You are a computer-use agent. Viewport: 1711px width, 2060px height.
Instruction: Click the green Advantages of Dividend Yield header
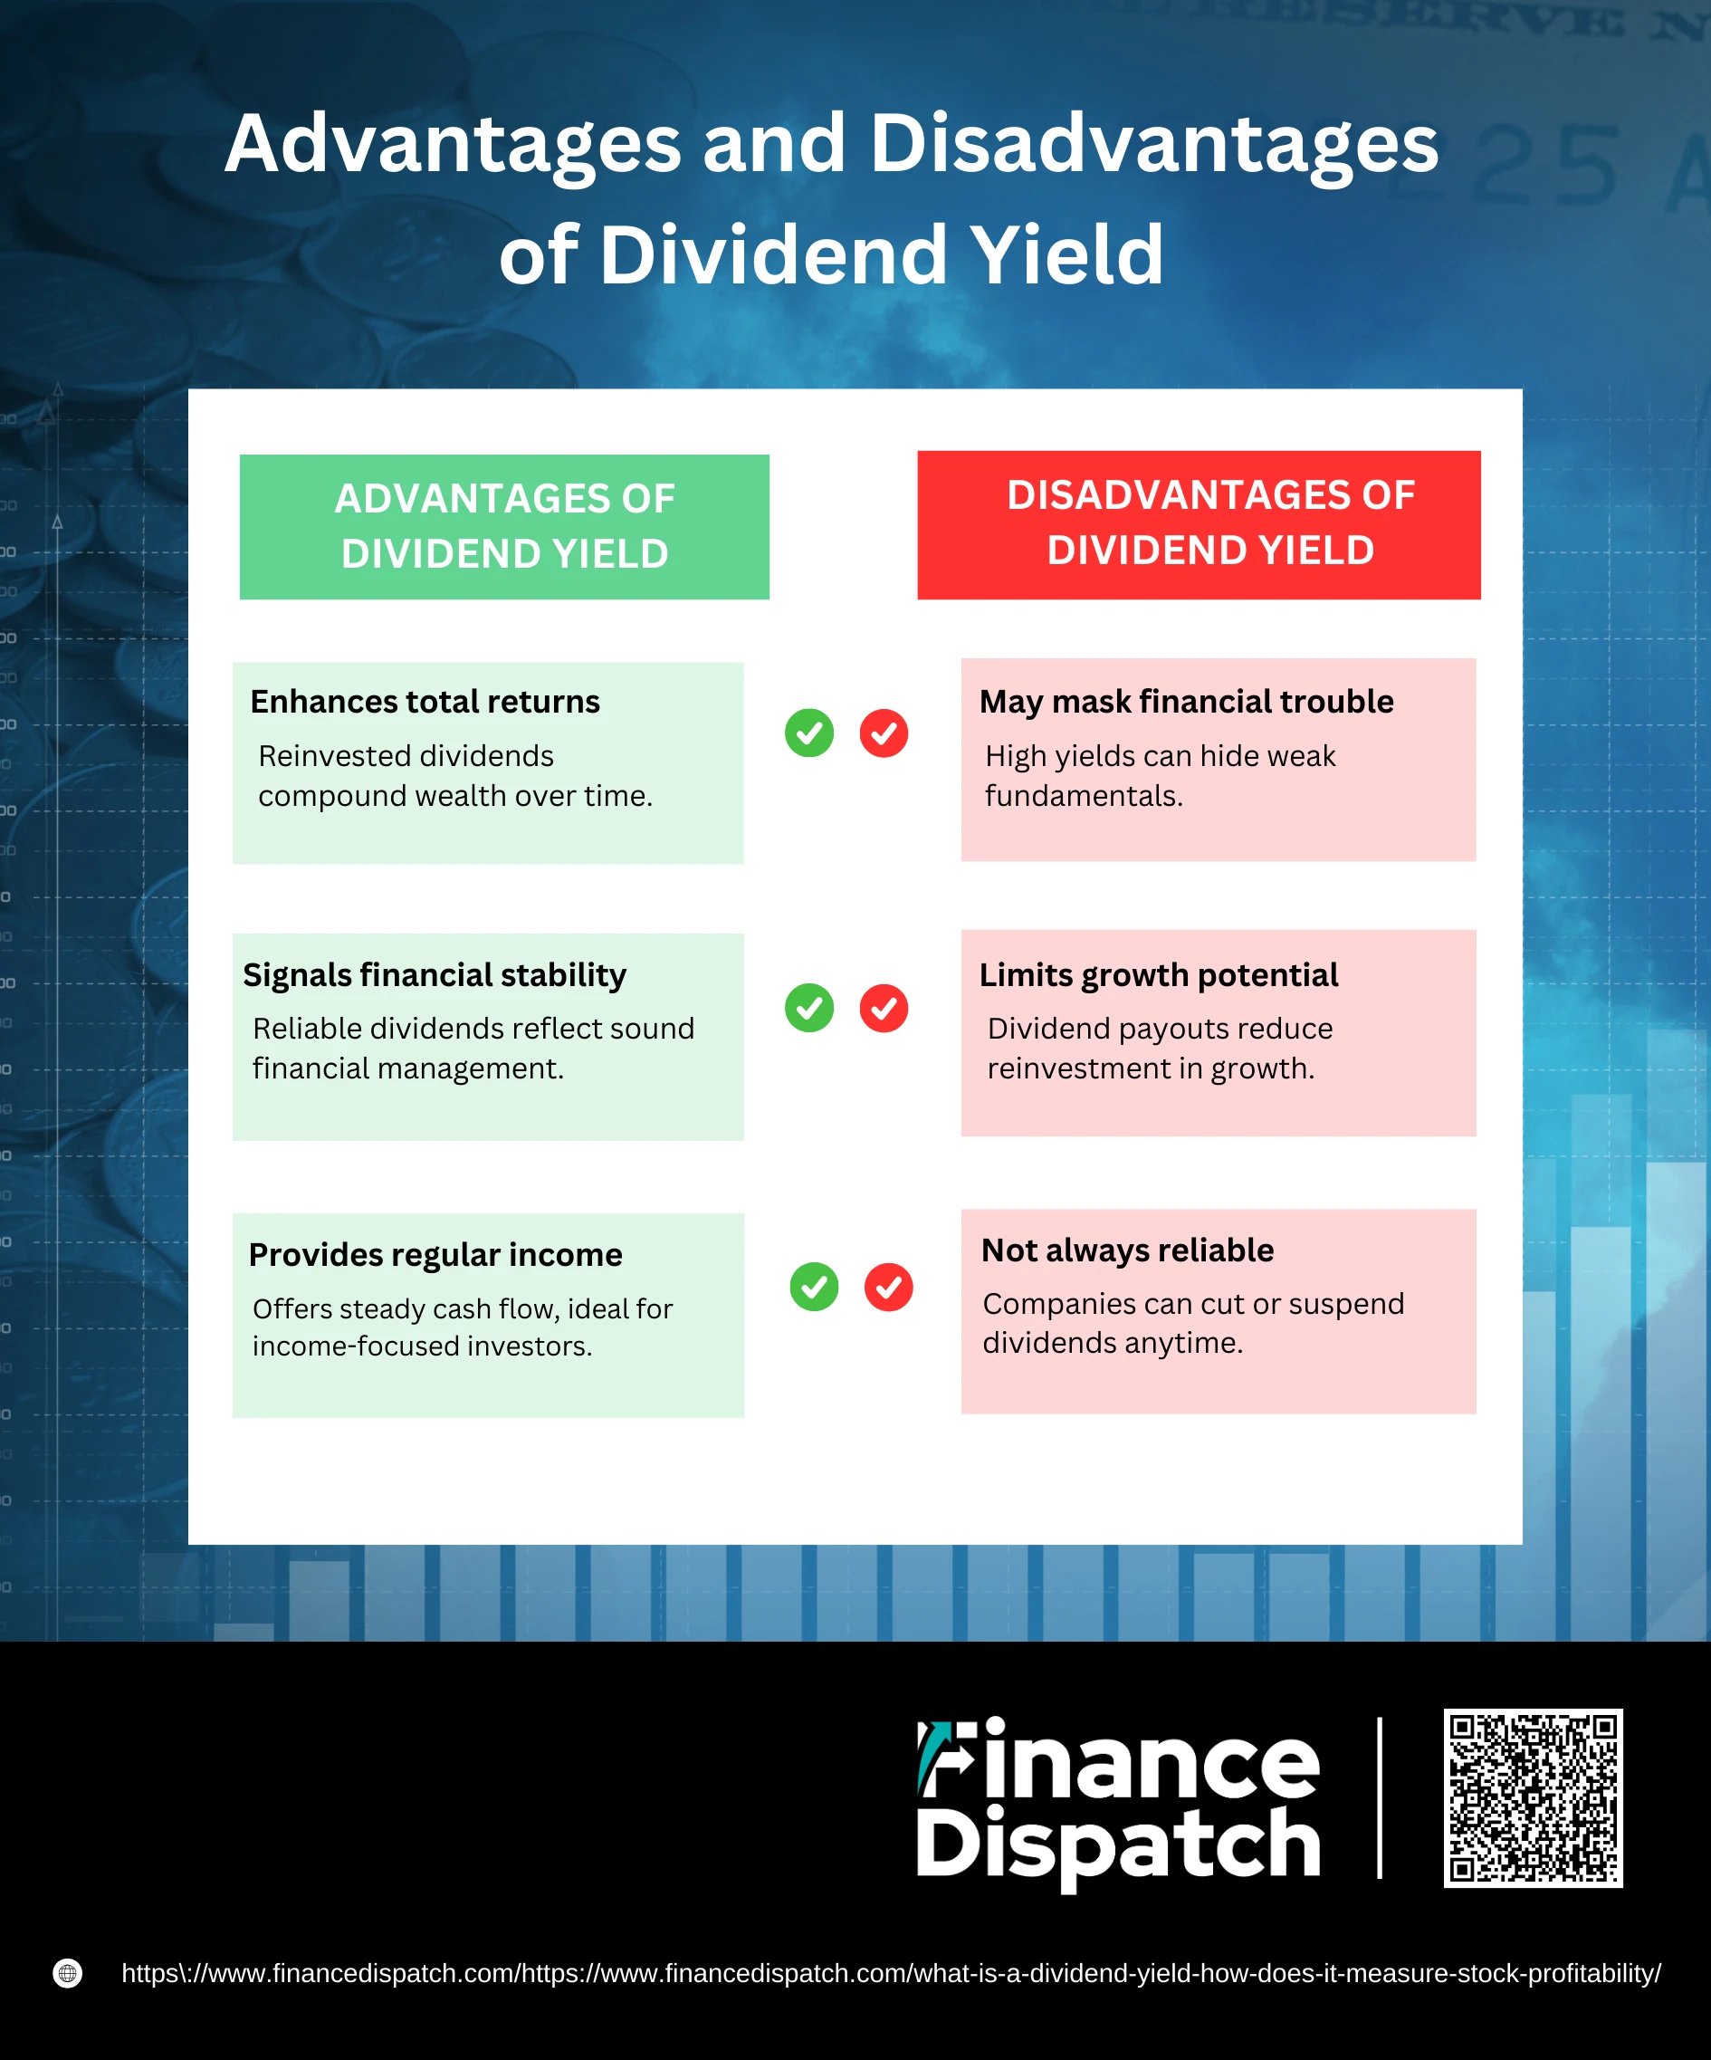pyautogui.click(x=504, y=527)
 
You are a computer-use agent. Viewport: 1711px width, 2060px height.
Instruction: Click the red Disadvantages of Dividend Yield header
pyautogui.click(x=1199, y=525)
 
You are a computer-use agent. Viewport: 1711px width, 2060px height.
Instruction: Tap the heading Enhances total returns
pyautogui.click(x=425, y=702)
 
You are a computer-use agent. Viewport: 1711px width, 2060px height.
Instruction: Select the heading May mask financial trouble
pyautogui.click(x=1187, y=702)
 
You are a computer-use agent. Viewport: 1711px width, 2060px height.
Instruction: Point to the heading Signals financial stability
pyautogui.click(x=435, y=975)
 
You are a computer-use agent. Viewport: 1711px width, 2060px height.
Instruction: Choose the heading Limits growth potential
pyautogui.click(x=1158, y=975)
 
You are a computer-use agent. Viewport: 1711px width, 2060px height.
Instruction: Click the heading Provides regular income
pyautogui.click(x=435, y=1255)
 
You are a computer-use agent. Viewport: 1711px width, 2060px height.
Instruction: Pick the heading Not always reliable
pyautogui.click(x=1128, y=1250)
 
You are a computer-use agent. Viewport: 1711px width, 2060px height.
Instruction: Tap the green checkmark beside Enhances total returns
pyautogui.click(x=809, y=733)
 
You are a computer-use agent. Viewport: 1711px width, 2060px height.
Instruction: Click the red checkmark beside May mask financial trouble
pyautogui.click(x=884, y=733)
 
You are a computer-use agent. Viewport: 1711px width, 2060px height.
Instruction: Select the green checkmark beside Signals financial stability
pyautogui.click(x=809, y=1008)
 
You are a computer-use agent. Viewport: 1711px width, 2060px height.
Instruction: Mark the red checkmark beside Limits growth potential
pyautogui.click(x=884, y=1008)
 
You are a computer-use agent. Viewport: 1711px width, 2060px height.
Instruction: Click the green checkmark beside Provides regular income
pyautogui.click(x=814, y=1286)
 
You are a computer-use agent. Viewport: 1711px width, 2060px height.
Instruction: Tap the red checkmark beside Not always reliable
pyautogui.click(x=888, y=1286)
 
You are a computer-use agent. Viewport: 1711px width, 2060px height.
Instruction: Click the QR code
pyautogui.click(x=1533, y=1798)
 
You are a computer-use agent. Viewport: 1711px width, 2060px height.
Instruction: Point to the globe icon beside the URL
pyautogui.click(x=68, y=1973)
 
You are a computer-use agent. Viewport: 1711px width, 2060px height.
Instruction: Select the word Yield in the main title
pyautogui.click(x=1066, y=255)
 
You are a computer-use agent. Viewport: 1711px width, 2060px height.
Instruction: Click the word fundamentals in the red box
pyautogui.click(x=1084, y=796)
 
